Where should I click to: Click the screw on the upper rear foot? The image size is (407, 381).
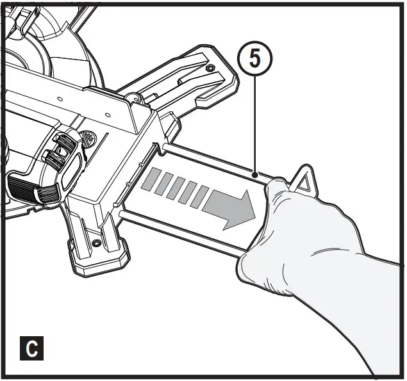point(210,68)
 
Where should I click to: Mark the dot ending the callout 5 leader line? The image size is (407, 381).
point(254,174)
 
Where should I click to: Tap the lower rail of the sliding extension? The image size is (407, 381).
point(186,227)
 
